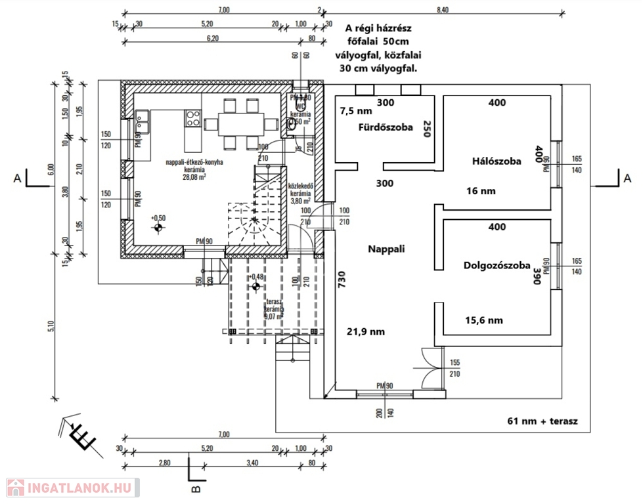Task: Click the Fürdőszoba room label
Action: tap(386, 127)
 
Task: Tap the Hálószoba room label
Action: tap(497, 161)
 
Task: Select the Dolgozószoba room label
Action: tap(497, 266)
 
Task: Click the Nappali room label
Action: tap(386, 249)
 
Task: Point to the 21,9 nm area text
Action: tap(366, 331)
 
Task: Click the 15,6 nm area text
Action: tap(483, 320)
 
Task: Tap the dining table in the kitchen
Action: tap(235, 123)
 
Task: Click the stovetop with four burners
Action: tap(193, 118)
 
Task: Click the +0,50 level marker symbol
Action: tap(158, 228)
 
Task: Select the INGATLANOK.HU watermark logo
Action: tap(70, 488)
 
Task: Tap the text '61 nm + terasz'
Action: tap(542, 421)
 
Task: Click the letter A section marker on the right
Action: tap(628, 177)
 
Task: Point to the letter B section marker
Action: tap(195, 488)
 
